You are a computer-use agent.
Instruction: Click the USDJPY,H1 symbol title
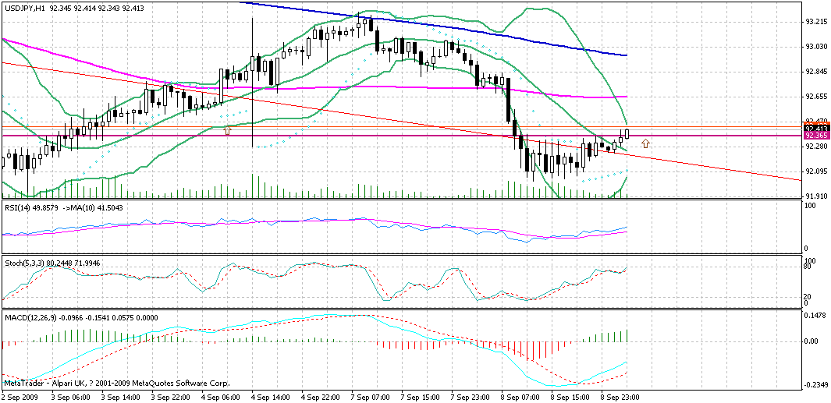coord(34,8)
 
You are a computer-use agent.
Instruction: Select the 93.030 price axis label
coord(816,46)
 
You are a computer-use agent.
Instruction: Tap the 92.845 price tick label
coord(816,71)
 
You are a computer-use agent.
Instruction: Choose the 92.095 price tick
coord(816,171)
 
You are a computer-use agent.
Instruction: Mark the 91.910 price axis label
coord(816,196)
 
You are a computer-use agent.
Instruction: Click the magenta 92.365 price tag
coord(815,135)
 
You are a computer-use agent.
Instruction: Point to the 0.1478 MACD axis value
coord(816,316)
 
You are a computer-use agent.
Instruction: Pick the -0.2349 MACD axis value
coord(816,384)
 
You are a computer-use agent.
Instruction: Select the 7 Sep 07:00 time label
coord(370,397)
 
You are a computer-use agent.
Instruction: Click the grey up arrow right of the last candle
coord(645,143)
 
